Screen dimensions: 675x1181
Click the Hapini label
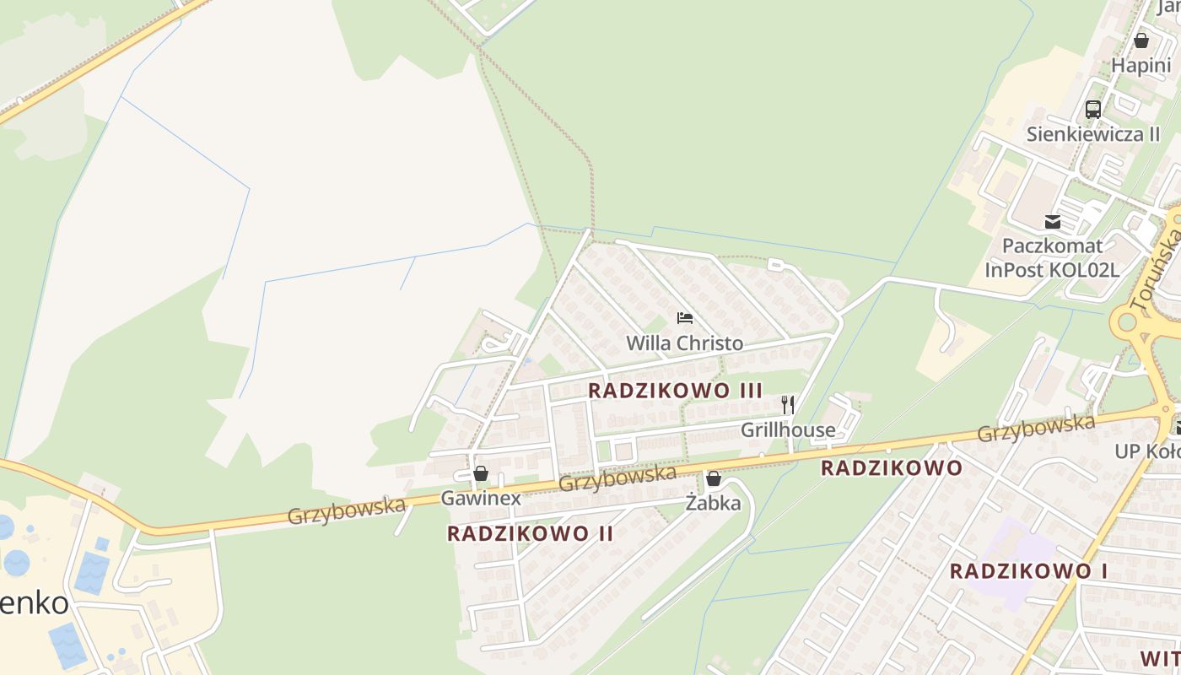coord(1141,66)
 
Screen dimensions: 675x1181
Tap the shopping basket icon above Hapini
coord(1141,40)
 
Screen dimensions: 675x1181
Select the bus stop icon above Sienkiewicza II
coord(1093,109)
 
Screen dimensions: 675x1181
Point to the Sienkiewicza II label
coord(1092,134)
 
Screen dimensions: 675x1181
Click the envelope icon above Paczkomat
coord(1053,222)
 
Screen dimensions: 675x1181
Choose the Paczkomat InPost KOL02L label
coord(1052,257)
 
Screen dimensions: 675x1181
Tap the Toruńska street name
coord(1162,262)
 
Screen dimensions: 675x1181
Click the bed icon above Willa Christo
coord(685,318)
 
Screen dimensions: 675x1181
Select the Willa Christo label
coord(684,343)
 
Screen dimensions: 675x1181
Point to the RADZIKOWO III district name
coord(675,391)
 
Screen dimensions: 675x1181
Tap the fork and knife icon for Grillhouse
coord(788,405)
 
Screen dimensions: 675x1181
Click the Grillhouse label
coord(788,430)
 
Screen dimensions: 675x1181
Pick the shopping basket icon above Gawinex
coord(481,473)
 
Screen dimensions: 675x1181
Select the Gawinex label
coord(481,499)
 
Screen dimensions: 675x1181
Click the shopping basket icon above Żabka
coord(714,479)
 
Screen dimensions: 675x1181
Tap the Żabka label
coord(714,504)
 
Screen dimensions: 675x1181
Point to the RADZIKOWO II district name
coord(530,533)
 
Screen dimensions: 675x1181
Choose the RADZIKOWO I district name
coord(1028,571)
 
